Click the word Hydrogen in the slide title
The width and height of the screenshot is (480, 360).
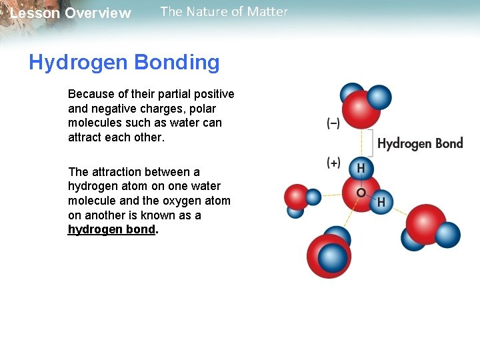79,63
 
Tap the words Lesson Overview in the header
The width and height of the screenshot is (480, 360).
71,13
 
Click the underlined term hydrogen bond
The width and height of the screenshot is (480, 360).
111,229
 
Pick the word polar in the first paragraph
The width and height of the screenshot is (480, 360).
201,108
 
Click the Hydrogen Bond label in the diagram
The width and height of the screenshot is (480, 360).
420,143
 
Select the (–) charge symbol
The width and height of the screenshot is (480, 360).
333,123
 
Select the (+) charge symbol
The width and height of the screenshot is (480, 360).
333,163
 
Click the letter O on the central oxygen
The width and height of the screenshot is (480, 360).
361,192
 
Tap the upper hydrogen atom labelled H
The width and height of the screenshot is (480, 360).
361,169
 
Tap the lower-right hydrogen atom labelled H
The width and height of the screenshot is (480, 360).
382,201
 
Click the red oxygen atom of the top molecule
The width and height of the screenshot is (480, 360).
361,110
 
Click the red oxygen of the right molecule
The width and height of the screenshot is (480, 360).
425,221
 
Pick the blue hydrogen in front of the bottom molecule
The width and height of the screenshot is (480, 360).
332,257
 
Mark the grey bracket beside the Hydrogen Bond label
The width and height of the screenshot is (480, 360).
371,142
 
